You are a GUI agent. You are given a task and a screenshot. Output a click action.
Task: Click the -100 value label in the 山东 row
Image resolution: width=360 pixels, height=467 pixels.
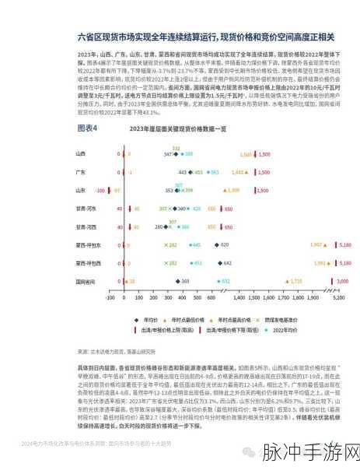coord(100,189)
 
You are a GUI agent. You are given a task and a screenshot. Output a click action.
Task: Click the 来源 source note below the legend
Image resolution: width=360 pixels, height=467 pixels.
coord(113,349)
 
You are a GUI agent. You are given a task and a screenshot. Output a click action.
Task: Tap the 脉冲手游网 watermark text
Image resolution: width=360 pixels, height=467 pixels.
coord(309,452)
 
